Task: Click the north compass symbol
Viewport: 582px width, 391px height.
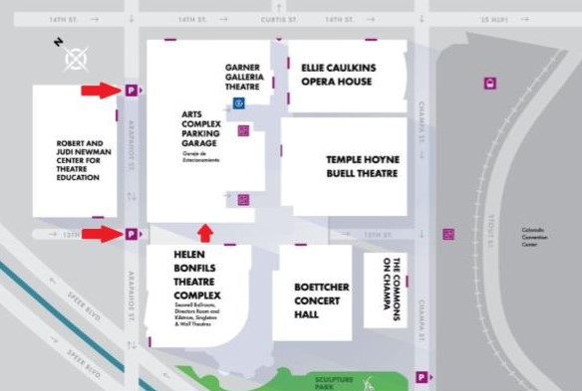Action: [75, 59]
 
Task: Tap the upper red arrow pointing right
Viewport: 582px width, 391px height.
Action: [100, 91]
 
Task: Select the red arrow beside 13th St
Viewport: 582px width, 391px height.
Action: [100, 235]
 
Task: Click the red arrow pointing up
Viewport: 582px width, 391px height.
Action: [205, 234]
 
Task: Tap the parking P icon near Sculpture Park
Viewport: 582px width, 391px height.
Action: [424, 377]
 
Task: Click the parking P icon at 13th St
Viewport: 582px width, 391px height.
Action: [131, 235]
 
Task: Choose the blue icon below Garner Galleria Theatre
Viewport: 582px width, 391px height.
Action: [238, 103]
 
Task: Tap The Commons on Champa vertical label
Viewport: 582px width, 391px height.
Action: [391, 289]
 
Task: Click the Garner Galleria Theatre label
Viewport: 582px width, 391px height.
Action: [243, 76]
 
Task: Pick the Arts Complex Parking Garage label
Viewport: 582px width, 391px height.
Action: [206, 129]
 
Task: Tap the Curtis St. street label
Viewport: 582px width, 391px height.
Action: [249, 18]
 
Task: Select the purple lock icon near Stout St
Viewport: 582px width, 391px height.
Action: [490, 84]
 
